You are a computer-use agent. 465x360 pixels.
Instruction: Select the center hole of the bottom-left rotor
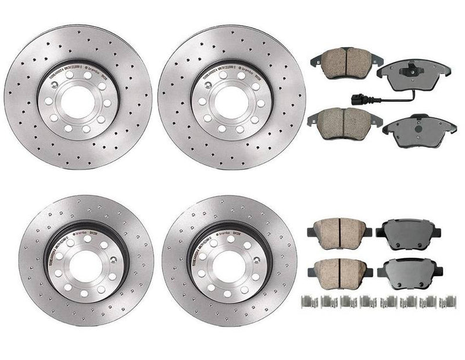click(86, 264)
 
